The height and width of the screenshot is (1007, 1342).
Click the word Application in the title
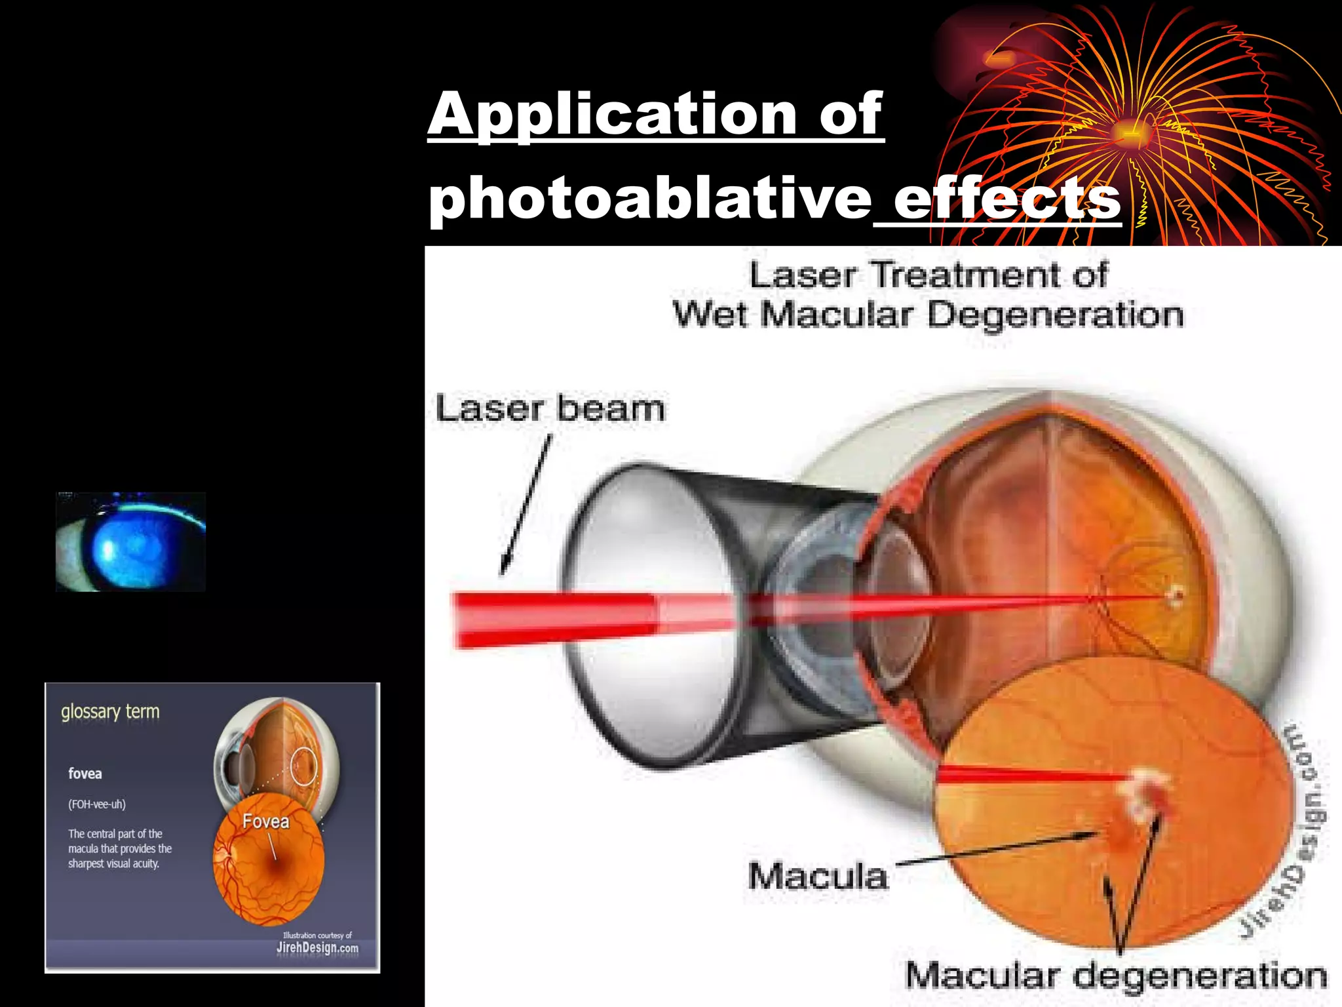[612, 115]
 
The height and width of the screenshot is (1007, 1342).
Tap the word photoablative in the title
[649, 199]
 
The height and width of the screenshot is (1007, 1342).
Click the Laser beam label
[550, 408]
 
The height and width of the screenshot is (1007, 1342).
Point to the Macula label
[818, 877]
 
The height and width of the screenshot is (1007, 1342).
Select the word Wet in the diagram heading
[710, 315]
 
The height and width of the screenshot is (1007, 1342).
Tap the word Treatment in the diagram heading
[967, 275]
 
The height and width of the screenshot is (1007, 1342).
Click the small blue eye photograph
[131, 542]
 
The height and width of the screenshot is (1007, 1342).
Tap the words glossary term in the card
[110, 712]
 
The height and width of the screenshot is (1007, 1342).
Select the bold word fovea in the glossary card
[85, 774]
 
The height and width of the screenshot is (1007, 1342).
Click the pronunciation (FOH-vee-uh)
[97, 804]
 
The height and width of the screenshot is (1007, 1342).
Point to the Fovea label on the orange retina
[265, 821]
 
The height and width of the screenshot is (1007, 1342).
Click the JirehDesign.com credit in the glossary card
[317, 947]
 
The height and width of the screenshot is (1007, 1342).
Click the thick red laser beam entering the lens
[557, 619]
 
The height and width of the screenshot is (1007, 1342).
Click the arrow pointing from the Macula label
[996, 849]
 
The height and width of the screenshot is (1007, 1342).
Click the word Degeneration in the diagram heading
[1055, 315]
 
